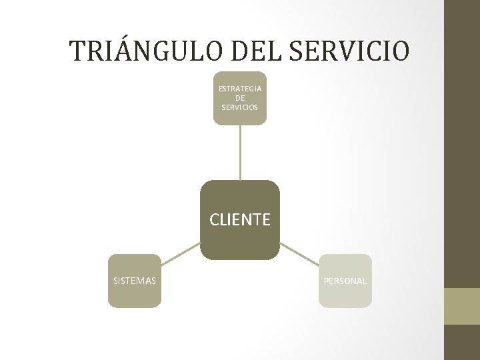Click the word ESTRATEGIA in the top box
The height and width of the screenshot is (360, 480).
240,89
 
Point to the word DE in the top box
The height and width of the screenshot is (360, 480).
240,98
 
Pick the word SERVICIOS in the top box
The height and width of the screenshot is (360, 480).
240,107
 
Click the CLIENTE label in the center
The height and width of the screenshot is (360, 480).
240,219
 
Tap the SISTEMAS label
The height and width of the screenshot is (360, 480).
135,281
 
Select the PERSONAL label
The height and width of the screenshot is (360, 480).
345,281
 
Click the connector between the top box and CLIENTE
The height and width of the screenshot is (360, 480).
240,152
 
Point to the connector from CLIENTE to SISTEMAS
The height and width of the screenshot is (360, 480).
181,253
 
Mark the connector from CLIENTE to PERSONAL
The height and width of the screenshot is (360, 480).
299,253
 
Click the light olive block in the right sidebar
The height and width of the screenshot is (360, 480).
462,306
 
